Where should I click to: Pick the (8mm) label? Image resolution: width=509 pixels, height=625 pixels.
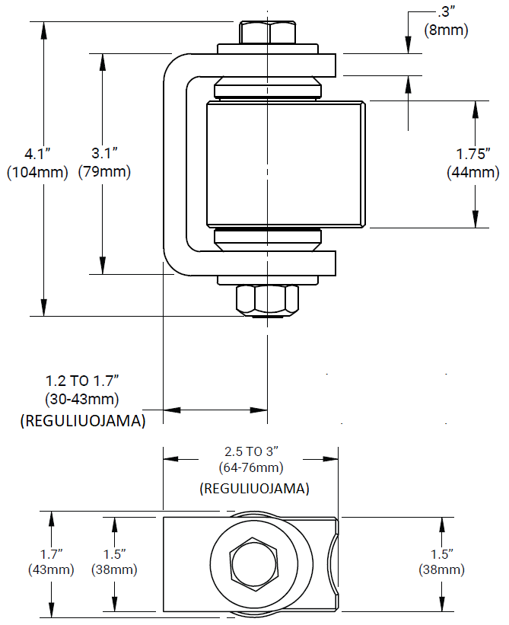[446, 30]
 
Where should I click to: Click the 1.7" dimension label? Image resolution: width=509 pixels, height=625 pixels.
[51, 553]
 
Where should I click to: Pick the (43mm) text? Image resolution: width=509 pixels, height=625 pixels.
[51, 569]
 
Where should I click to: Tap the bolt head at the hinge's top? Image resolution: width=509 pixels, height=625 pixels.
[267, 33]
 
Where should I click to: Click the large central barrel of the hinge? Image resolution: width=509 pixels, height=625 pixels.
[285, 164]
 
